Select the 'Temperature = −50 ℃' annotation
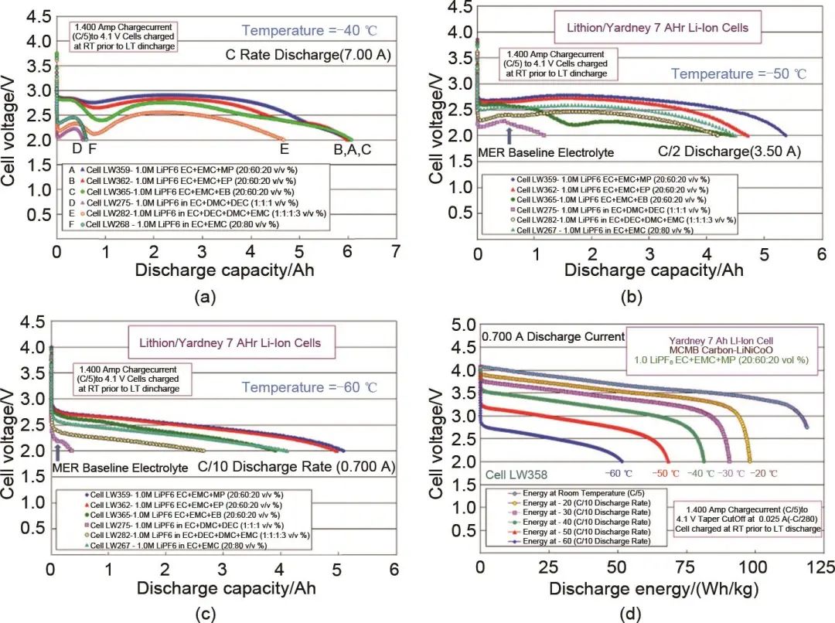tap(738, 74)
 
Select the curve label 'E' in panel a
tap(284, 149)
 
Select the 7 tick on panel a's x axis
tap(396, 251)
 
